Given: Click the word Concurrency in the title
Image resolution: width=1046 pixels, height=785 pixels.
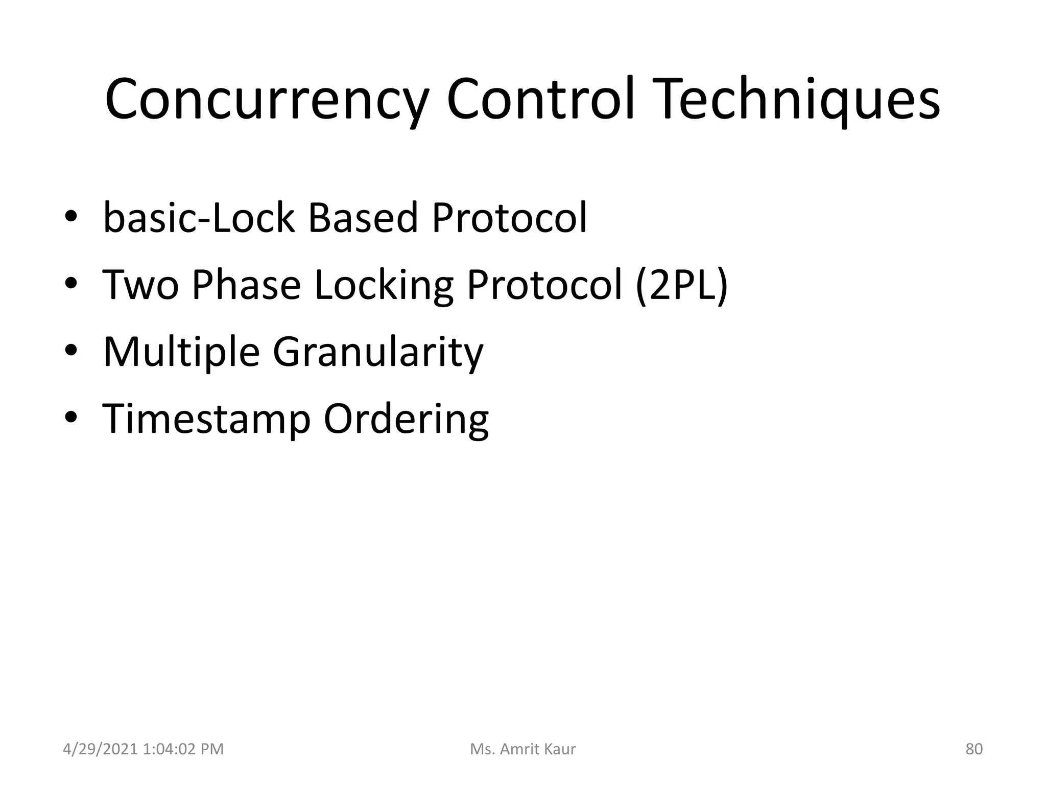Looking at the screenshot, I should pyautogui.click(x=265, y=99).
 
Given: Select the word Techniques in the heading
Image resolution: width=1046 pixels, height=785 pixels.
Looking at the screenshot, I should pyautogui.click(x=800, y=99).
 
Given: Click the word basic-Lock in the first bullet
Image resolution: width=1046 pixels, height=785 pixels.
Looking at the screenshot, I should pyautogui.click(x=199, y=218).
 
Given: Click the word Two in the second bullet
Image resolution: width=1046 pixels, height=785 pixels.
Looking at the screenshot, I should pyautogui.click(x=141, y=285).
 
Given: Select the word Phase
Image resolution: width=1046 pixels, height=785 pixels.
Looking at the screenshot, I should pyautogui.click(x=246, y=285).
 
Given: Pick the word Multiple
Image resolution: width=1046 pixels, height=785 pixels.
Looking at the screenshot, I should pyautogui.click(x=181, y=352).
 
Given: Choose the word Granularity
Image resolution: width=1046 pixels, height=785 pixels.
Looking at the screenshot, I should pyautogui.click(x=378, y=353).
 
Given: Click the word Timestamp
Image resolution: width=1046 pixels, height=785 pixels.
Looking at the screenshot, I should pyautogui.click(x=206, y=420).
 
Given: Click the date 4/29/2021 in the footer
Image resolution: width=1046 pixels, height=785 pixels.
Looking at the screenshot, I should pyautogui.click(x=100, y=749).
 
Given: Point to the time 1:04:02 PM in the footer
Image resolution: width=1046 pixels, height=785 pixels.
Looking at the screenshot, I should pyautogui.click(x=183, y=749).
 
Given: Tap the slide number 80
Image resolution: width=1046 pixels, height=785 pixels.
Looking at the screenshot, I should pyautogui.click(x=974, y=749).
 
